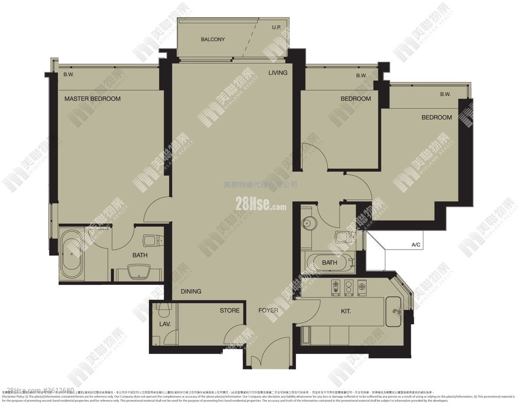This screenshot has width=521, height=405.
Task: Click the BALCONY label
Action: coord(213,39)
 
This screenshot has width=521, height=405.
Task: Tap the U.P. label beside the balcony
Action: coord(276,28)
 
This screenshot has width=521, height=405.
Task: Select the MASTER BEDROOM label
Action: coord(92,99)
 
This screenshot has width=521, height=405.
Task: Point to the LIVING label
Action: coord(277,72)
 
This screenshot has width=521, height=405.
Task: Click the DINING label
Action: coord(191,291)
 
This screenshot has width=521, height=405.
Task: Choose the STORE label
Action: coord(229,310)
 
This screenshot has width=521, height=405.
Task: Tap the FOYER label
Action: coord(268,310)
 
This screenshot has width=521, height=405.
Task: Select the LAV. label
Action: coord(165,324)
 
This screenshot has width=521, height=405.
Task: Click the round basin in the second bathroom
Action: coord(309,224)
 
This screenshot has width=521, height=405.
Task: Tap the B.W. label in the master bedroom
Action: coord(69,74)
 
